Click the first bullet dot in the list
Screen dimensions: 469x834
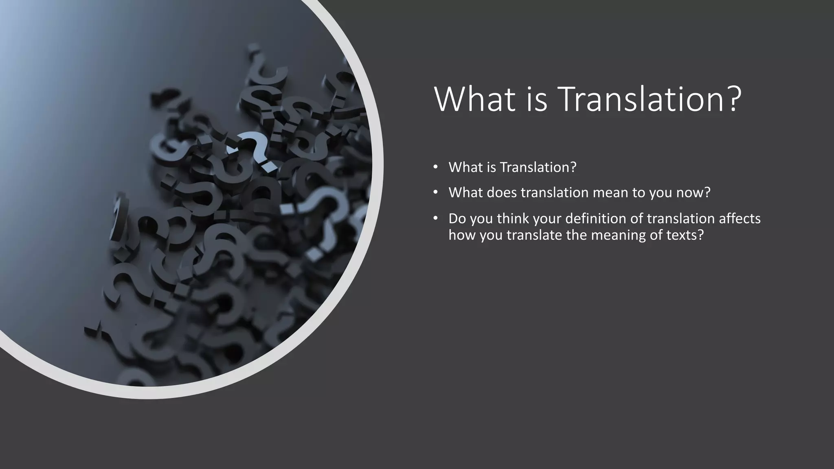[x=435, y=167]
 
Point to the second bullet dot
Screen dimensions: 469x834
[x=435, y=192]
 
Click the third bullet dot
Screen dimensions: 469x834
[x=435, y=219]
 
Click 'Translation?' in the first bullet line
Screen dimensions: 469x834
[x=538, y=167]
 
